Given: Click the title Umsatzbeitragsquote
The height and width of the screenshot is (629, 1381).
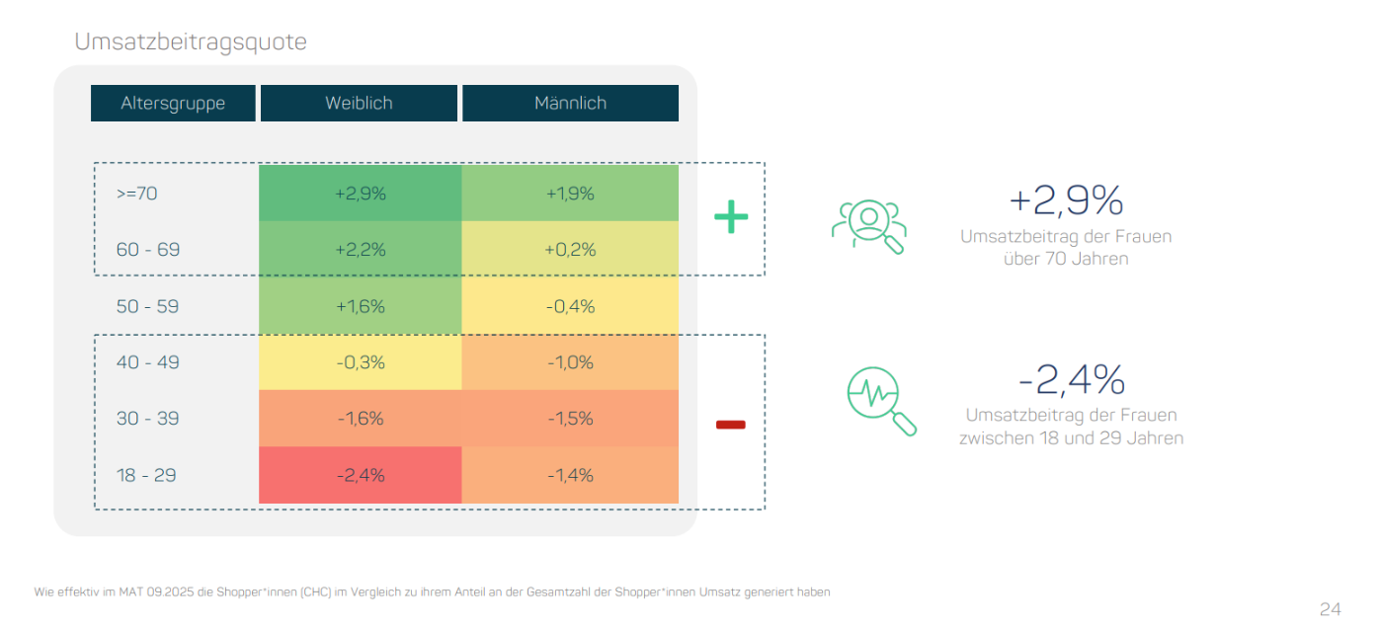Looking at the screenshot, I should click(191, 42).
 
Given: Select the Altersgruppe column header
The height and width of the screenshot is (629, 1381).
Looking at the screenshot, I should click(173, 104).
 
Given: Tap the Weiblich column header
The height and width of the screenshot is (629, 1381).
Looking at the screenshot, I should click(359, 104).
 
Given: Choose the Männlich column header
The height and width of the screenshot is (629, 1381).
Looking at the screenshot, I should click(570, 104).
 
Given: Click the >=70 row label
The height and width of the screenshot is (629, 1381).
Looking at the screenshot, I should click(136, 194).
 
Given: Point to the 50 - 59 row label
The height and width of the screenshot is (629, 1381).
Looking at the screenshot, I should click(147, 306).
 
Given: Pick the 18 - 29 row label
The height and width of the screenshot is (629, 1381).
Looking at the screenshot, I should click(146, 475).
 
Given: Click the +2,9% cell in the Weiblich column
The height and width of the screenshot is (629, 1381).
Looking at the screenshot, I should click(360, 194).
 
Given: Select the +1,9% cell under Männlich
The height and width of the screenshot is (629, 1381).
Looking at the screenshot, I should click(570, 194).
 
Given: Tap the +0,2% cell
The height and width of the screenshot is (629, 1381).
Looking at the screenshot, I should click(570, 250).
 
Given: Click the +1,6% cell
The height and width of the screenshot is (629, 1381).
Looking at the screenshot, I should click(360, 306).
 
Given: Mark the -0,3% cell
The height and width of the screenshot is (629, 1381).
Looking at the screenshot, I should click(360, 362).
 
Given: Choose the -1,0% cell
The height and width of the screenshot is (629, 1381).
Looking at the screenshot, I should click(570, 362).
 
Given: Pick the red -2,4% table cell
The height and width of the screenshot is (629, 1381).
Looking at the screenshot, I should click(360, 475).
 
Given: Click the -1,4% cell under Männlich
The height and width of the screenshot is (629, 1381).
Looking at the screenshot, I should click(570, 475).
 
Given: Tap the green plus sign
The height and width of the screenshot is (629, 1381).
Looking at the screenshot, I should click(731, 217).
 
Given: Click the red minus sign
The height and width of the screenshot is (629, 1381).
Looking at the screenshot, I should click(730, 425).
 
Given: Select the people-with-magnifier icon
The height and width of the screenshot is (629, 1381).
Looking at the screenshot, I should click(868, 227).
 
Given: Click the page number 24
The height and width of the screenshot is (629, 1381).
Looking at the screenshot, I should click(1330, 608).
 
